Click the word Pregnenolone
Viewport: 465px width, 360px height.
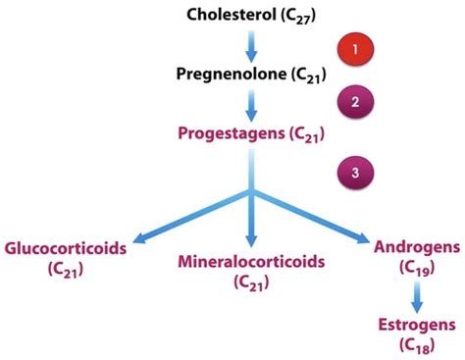click(232, 73)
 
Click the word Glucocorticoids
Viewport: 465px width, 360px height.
click(66, 248)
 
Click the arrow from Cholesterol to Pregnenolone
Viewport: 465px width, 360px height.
click(252, 44)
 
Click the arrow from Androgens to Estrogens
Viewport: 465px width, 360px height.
click(417, 292)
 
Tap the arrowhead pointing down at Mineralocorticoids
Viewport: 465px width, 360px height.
click(252, 240)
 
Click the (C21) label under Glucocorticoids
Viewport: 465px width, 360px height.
click(58, 267)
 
